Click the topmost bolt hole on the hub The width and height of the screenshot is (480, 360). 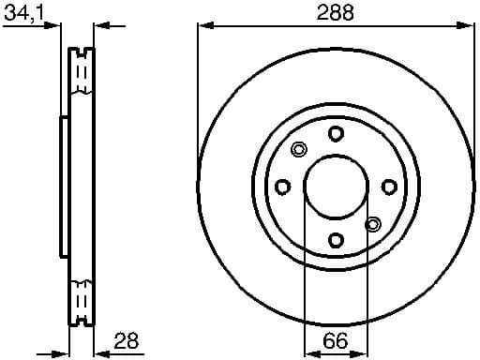[x=335, y=133]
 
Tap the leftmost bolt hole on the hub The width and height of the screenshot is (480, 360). [x=281, y=187]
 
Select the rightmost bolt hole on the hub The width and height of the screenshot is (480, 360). [x=388, y=187]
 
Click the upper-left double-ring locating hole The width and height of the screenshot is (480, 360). [x=299, y=149]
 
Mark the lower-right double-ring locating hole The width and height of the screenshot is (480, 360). [x=372, y=224]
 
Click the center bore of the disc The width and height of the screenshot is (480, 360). [x=335, y=187]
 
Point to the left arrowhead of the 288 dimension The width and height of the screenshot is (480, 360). [x=203, y=26]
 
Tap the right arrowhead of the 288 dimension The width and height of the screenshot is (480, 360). [x=466, y=26]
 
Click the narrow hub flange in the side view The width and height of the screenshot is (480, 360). [x=63, y=187]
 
